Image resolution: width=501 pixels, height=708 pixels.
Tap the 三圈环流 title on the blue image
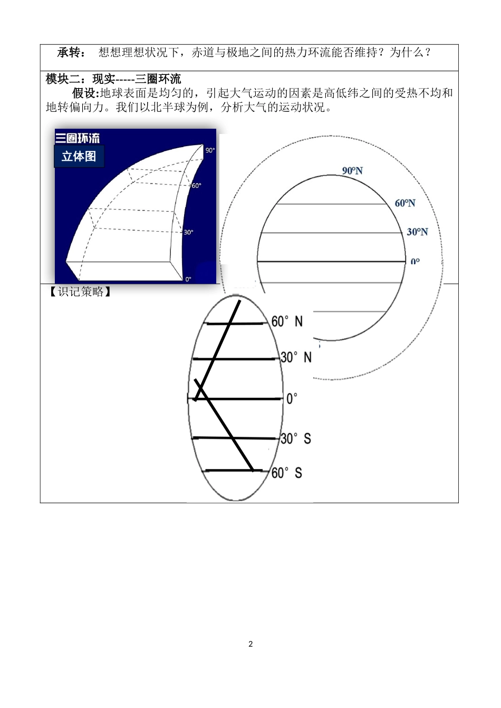(78, 138)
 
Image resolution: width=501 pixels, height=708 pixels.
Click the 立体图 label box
(79, 157)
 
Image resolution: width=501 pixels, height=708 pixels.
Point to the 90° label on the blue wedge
(210, 150)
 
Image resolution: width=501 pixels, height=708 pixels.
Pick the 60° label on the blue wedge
(196, 186)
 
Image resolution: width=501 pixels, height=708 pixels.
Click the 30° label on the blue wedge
(188, 232)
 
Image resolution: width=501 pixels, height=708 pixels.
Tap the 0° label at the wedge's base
(188, 279)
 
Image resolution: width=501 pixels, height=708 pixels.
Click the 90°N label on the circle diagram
(352, 171)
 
